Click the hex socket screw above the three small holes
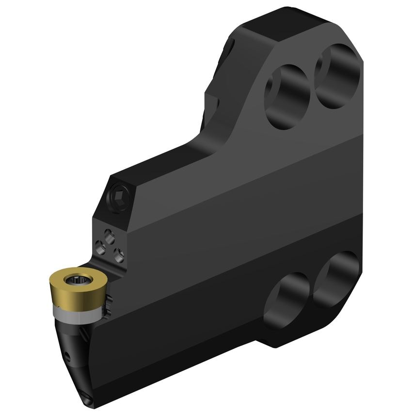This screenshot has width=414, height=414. tap(118, 197)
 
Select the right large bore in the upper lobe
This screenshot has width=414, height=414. tap(338, 76)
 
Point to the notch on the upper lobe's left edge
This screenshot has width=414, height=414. tap(214, 102)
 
